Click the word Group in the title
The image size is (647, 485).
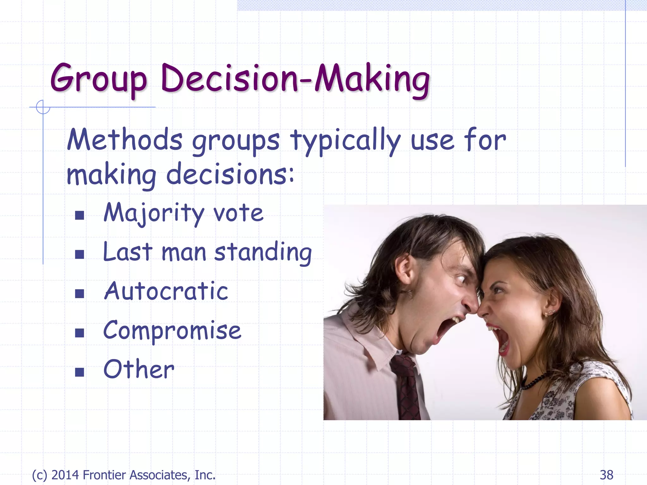99,79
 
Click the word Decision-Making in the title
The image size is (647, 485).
295,79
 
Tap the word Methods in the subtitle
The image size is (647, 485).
125,140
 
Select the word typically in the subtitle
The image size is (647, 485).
345,141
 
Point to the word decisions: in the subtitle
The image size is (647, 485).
230,174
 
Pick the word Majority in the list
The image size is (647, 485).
154,213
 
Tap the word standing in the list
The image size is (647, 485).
263,253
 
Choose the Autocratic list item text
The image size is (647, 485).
166,291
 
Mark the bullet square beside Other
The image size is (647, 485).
80,372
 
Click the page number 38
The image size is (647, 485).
606,475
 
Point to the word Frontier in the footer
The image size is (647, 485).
104,475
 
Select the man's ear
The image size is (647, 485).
404,268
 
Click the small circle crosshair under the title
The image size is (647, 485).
43,107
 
